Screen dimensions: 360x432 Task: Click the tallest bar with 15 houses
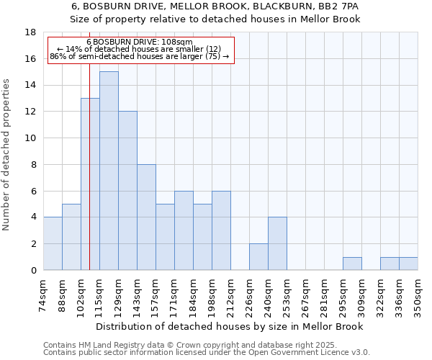pos(109,171)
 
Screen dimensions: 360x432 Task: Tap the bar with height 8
pos(146,217)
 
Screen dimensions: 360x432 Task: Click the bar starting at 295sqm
pos(352,264)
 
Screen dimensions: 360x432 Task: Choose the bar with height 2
pos(258,256)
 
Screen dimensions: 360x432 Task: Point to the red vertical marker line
pos(89,180)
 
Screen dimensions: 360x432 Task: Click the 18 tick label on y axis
pos(30,32)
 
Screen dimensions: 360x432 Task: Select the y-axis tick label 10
pos(30,138)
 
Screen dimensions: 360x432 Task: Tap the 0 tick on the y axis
pos(33,271)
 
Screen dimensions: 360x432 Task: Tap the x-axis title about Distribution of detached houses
pos(230,327)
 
